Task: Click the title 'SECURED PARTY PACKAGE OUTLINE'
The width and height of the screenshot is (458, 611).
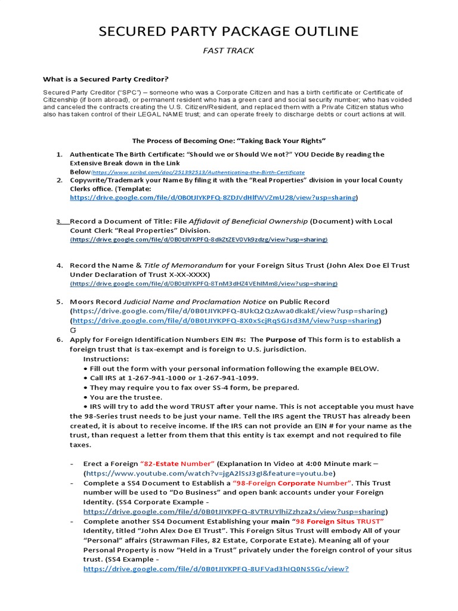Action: [x=228, y=31]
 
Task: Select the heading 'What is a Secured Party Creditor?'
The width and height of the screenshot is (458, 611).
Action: [x=106, y=79]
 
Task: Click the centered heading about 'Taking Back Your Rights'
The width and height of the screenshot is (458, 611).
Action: [x=229, y=141]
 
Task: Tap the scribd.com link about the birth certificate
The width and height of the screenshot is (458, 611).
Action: [x=197, y=172]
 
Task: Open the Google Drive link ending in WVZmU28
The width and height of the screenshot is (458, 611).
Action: [x=212, y=197]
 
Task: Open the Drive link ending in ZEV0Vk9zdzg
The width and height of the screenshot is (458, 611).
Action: [x=199, y=239]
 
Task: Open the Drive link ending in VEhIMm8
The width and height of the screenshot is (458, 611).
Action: [x=204, y=283]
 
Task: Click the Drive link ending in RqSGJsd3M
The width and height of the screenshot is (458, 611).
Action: [x=225, y=320]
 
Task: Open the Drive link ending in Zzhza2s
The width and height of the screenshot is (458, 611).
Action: [x=234, y=511]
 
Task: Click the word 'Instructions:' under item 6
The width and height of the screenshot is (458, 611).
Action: [x=106, y=359]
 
